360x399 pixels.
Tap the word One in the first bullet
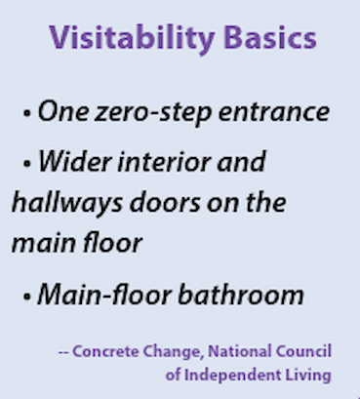click(x=61, y=113)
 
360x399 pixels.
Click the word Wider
click(x=73, y=162)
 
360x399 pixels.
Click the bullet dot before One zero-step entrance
click(x=26, y=115)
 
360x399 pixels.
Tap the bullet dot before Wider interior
click(x=26, y=164)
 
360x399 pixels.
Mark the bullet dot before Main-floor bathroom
click(x=26, y=296)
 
